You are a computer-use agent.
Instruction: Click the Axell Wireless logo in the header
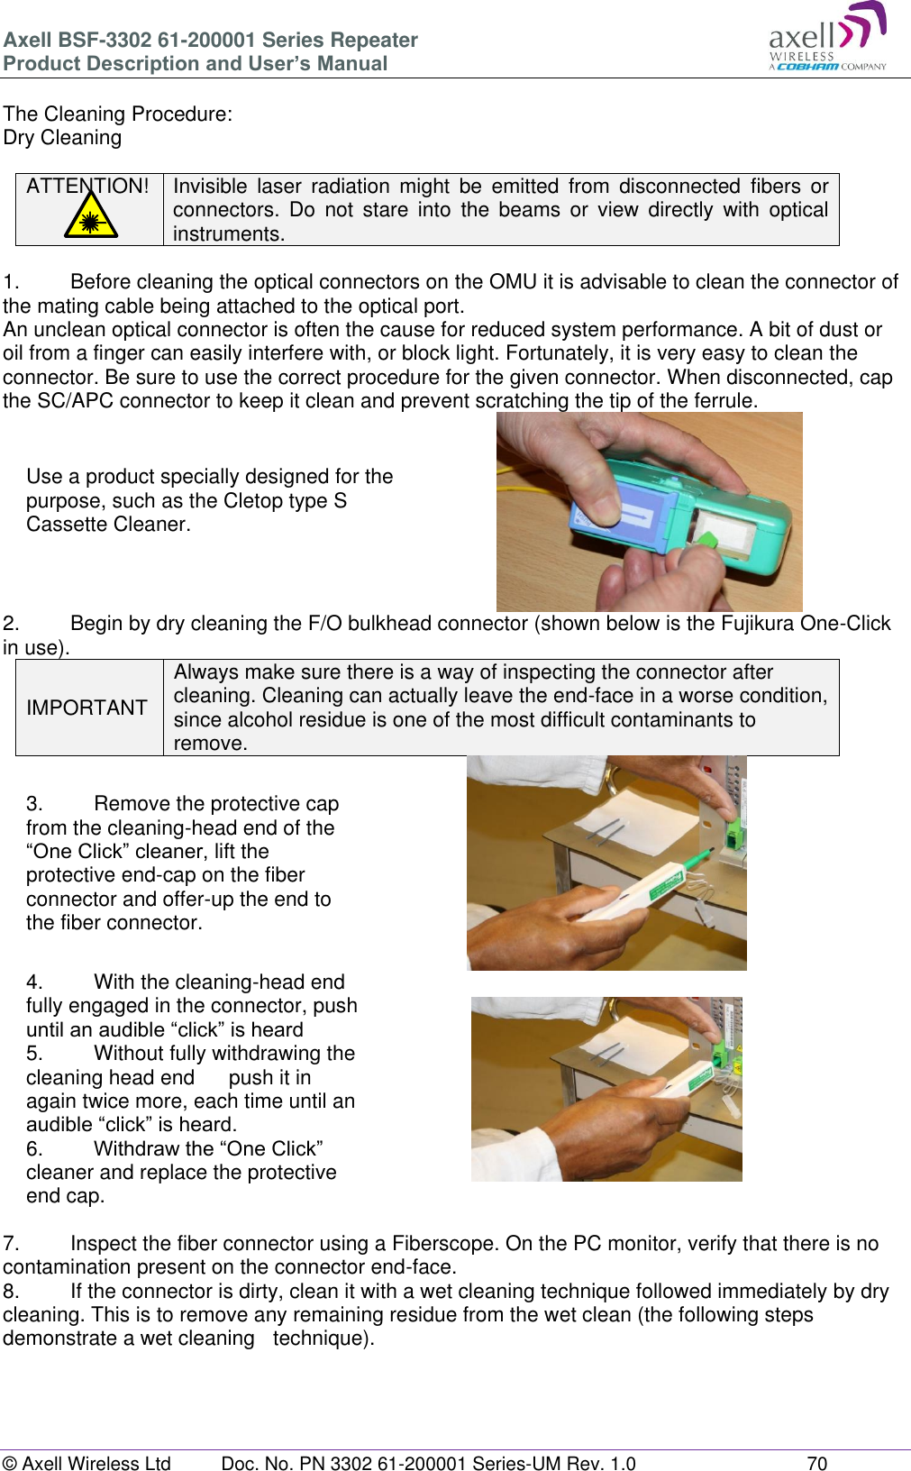827,38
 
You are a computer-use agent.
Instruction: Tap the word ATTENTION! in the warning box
87,187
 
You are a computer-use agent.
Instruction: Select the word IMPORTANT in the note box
87,708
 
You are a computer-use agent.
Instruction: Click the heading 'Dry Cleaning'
62,138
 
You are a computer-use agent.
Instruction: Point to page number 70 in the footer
816,1463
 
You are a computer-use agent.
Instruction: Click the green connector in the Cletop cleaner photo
708,542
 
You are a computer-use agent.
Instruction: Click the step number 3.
33,804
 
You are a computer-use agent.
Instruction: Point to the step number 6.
33,1149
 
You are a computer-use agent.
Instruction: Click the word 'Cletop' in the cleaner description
252,501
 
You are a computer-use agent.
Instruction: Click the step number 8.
10,1292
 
